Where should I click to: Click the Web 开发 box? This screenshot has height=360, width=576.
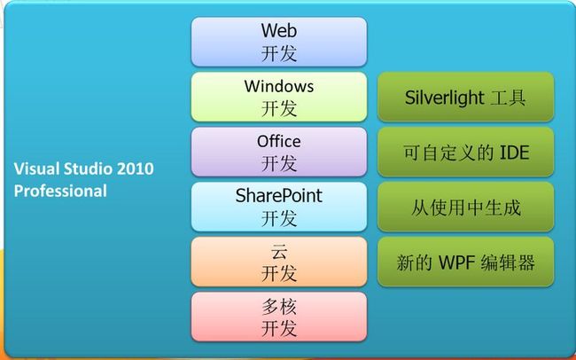point(279,42)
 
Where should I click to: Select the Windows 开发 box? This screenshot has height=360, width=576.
point(279,97)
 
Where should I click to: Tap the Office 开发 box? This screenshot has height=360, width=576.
point(279,152)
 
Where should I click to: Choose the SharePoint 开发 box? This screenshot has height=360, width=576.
point(279,207)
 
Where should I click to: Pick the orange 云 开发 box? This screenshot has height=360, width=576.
point(279,262)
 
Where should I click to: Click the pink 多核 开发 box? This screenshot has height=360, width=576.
point(279,317)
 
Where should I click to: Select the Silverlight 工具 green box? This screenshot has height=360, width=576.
point(465,97)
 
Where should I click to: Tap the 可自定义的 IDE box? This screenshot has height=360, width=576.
point(465,152)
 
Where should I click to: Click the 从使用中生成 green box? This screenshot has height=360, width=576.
point(465,207)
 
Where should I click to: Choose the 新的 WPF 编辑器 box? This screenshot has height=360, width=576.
point(465,262)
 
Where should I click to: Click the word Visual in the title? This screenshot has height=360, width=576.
point(36,168)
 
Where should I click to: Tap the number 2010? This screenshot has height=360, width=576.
point(136,168)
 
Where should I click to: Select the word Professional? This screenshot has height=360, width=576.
point(60,191)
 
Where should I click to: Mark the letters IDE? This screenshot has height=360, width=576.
point(514,153)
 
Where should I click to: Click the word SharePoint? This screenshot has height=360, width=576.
point(279,196)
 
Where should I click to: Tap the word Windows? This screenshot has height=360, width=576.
point(279,86)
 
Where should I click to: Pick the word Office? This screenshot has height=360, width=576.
point(279,141)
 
